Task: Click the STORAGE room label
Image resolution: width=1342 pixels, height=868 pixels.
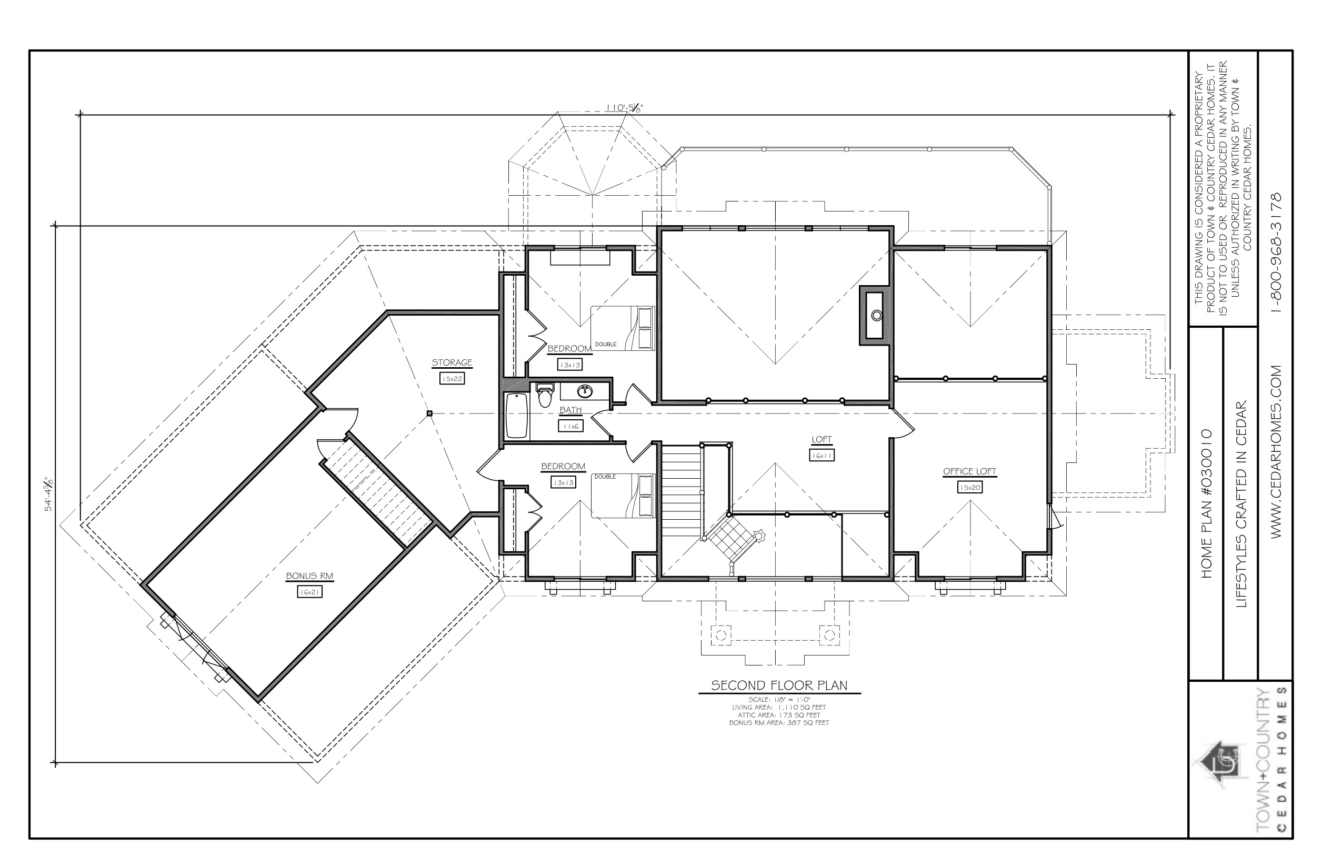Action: (452, 362)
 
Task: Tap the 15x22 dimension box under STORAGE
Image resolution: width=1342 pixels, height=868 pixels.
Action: (452, 379)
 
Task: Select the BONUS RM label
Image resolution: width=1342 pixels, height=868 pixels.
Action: (309, 576)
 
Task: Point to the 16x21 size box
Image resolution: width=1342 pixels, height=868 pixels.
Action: (309, 592)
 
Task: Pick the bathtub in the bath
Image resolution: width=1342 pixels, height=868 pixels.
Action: (516, 416)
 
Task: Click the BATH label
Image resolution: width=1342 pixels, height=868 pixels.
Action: (570, 410)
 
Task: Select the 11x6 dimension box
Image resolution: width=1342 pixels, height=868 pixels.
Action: (570, 427)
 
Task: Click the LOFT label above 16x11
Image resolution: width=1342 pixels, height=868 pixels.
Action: (822, 440)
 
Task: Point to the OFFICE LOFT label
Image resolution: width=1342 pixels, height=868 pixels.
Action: (970, 471)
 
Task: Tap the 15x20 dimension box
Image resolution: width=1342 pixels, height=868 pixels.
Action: (970, 488)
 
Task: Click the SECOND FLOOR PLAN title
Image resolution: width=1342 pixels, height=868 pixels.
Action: (779, 685)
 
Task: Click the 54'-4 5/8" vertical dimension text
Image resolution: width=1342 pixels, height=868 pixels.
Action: (49, 494)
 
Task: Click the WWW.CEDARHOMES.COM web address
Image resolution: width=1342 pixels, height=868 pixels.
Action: (1277, 452)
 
